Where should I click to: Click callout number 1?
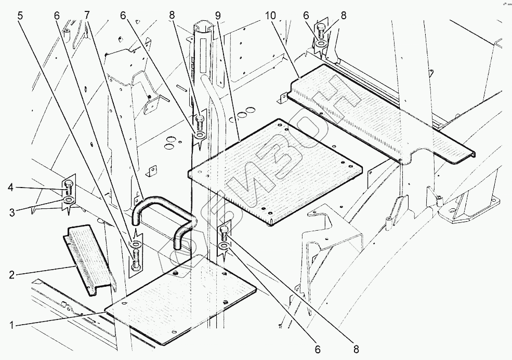pyautogui.click(x=12, y=325)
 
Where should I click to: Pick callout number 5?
pyautogui.click(x=21, y=15)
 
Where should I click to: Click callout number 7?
pyautogui.click(x=86, y=15)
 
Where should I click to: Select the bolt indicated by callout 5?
pyautogui.click(x=136, y=258)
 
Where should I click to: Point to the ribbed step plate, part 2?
pyautogui.click(x=88, y=260)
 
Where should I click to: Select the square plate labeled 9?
pyautogui.click(x=275, y=171)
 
